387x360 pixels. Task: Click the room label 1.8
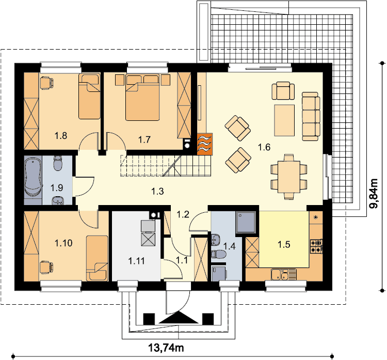(x=61, y=136)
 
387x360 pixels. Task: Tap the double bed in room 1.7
(x=142, y=97)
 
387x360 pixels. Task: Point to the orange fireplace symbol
(x=205, y=144)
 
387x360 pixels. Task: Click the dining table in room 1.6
(x=289, y=177)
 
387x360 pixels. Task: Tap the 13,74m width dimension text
(x=166, y=348)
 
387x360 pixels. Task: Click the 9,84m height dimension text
(x=374, y=194)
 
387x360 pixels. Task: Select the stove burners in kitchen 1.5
(x=316, y=246)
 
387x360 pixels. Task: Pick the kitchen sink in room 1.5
(x=284, y=274)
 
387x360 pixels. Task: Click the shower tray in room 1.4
(x=246, y=223)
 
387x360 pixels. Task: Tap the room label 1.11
(x=137, y=261)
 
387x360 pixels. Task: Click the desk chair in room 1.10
(x=46, y=268)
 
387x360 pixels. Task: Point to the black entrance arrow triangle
(x=179, y=317)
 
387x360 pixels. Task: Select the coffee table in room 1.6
(x=284, y=120)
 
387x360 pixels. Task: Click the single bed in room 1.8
(x=89, y=97)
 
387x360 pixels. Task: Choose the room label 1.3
(x=157, y=191)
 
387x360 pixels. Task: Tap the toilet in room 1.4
(x=218, y=254)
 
